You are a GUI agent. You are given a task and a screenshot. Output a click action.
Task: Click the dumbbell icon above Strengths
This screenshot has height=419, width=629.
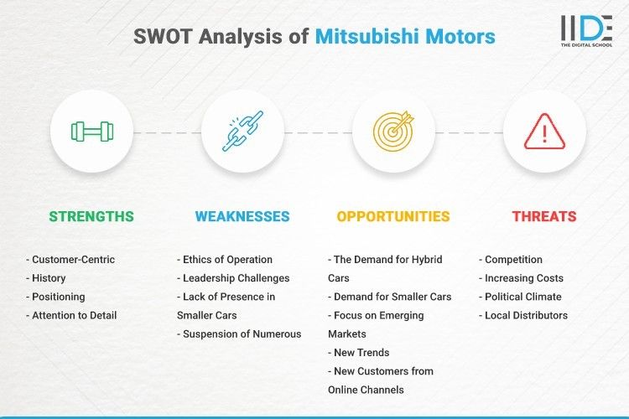pos(91,132)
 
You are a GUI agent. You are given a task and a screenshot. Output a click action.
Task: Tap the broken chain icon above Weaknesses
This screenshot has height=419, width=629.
pos(243,132)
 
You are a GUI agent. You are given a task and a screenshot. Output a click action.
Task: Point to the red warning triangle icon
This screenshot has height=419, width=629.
pos(544,132)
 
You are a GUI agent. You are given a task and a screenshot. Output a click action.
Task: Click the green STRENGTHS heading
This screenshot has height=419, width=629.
pos(91,216)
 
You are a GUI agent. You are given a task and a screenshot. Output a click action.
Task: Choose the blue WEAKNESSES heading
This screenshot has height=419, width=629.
pos(242,216)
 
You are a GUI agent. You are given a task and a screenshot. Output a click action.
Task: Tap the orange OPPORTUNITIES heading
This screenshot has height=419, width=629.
pos(393,216)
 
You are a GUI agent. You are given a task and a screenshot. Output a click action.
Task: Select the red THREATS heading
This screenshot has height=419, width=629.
pos(544,216)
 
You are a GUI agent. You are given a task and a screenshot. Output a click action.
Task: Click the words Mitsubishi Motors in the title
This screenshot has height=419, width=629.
pos(405,37)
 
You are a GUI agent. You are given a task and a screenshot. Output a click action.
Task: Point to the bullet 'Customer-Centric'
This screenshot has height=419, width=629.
pos(70,260)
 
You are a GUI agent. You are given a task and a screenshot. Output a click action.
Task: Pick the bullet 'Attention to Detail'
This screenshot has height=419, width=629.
pos(75,316)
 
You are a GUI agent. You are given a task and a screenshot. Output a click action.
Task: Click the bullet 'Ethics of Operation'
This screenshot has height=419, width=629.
pos(226,260)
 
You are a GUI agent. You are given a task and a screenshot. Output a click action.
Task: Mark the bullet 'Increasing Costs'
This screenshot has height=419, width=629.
pos(524,278)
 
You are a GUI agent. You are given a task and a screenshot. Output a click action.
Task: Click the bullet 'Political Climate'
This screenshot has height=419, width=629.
pos(523,297)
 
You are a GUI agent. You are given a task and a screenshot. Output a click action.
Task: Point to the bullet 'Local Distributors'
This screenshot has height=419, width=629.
pos(526,316)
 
